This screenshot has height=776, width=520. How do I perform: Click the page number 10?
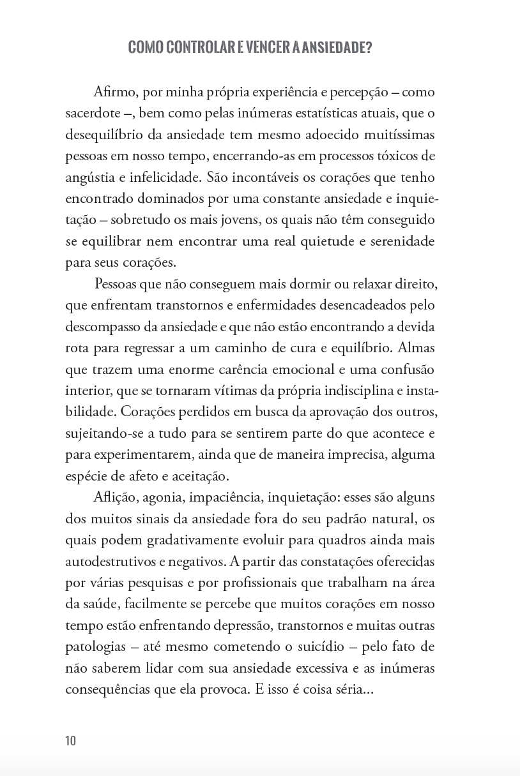pos(70,741)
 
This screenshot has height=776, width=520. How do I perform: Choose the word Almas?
pos(417,348)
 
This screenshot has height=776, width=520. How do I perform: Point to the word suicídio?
pos(323,647)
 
